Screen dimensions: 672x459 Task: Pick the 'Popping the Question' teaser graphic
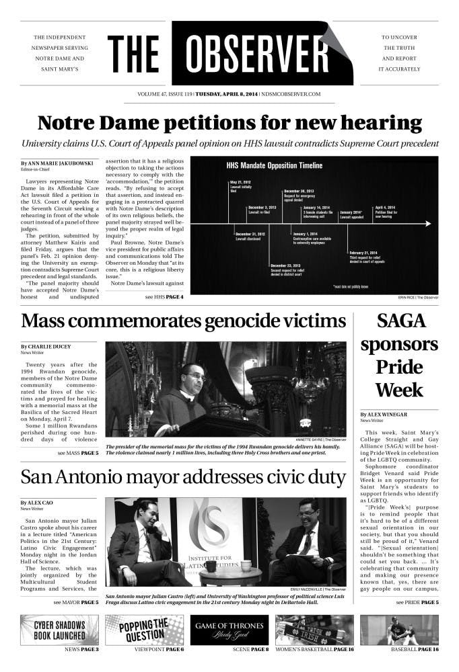(144, 630)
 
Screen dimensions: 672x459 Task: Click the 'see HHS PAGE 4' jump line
(164, 296)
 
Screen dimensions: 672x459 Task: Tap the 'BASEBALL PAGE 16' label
(415, 650)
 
